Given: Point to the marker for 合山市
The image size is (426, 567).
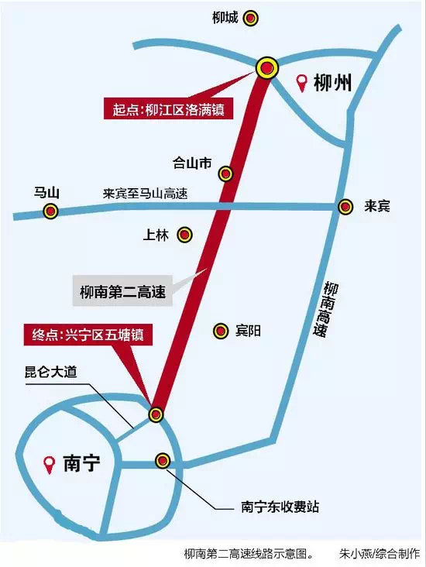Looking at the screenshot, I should (x=225, y=174).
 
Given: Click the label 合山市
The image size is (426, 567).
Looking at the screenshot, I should (x=192, y=163).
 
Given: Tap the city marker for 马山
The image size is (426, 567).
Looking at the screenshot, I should (x=51, y=211).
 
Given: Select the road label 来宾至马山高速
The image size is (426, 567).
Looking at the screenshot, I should (x=146, y=194).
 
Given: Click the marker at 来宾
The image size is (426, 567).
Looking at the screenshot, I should (x=345, y=207).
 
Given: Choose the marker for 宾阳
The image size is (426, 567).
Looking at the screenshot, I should (x=221, y=330).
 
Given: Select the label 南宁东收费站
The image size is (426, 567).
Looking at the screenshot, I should (x=280, y=507).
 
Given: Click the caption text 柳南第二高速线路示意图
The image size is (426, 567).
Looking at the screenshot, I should (x=248, y=554).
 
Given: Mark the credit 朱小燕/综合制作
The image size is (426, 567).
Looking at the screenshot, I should (x=379, y=554).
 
